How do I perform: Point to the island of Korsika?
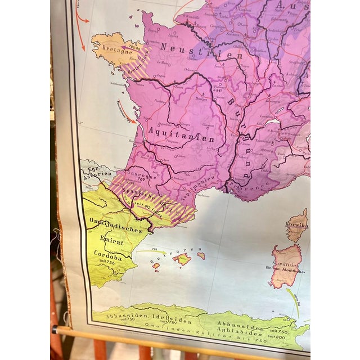point(297,225)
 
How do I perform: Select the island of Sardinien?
point(287,264)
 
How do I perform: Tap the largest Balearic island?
point(182,259)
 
